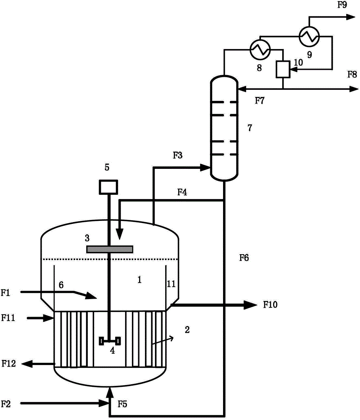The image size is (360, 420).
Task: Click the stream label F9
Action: [342, 5]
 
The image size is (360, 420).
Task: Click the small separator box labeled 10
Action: [283, 69]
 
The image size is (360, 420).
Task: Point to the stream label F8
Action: [352, 74]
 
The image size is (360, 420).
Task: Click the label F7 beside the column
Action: [260, 100]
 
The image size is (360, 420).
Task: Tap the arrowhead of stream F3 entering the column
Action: [205, 168]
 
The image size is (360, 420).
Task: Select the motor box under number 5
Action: [108, 187]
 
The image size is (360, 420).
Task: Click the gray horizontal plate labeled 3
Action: [110, 249]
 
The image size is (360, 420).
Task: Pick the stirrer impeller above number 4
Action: [110, 341]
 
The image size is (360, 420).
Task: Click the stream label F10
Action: [270, 304]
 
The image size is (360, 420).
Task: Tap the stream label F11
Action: [8, 318]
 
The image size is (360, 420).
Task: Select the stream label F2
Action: [6, 403]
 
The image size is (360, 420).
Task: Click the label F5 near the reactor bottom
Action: [122, 404]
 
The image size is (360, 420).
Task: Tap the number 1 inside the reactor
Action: [139, 280]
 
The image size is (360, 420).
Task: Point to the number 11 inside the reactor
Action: [171, 283]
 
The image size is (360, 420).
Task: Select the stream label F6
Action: [244, 258]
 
